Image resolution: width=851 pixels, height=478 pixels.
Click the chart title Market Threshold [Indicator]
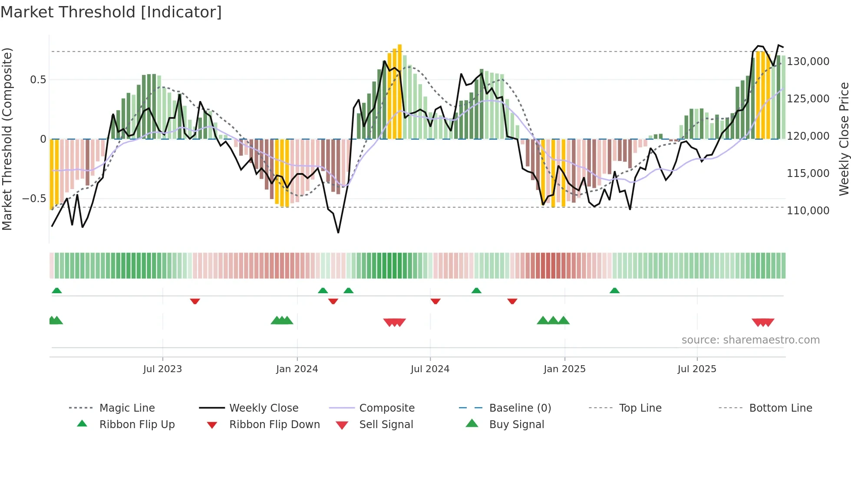pyautogui.click(x=111, y=12)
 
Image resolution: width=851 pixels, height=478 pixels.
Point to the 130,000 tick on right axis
pyautogui.click(x=808, y=62)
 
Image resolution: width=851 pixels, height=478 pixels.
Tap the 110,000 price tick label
pyautogui.click(x=808, y=211)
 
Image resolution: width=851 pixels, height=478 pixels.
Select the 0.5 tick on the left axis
pyautogui.click(x=38, y=80)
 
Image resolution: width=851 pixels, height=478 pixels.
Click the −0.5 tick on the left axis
pyautogui.click(x=34, y=199)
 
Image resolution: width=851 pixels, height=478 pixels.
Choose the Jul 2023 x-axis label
pyautogui.click(x=162, y=369)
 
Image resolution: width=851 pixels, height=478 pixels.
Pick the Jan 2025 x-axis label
pyautogui.click(x=564, y=369)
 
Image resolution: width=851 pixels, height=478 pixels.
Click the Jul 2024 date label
pyautogui.click(x=430, y=369)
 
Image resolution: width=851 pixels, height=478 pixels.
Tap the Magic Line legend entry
pyautogui.click(x=127, y=408)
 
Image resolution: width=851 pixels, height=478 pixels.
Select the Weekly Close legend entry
pyautogui.click(x=264, y=408)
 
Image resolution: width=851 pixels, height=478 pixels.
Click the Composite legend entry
pyautogui.click(x=386, y=408)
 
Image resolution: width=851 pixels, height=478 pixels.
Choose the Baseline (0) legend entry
pyautogui.click(x=520, y=408)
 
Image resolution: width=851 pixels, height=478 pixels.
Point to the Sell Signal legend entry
pyautogui.click(x=386, y=425)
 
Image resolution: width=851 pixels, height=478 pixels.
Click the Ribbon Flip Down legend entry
pyautogui.click(x=274, y=425)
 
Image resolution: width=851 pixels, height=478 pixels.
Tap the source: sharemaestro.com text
pyautogui.click(x=750, y=340)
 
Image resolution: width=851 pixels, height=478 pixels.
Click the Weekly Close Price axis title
pyautogui.click(x=844, y=139)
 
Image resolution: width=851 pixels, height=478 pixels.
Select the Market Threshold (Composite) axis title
pyautogui.click(x=7, y=139)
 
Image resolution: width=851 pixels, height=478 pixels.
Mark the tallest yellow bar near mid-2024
pyautogui.click(x=399, y=91)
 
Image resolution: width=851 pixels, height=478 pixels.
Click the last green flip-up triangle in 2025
pyautogui.click(x=614, y=291)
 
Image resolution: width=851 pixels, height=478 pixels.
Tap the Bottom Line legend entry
pyautogui.click(x=780, y=408)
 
